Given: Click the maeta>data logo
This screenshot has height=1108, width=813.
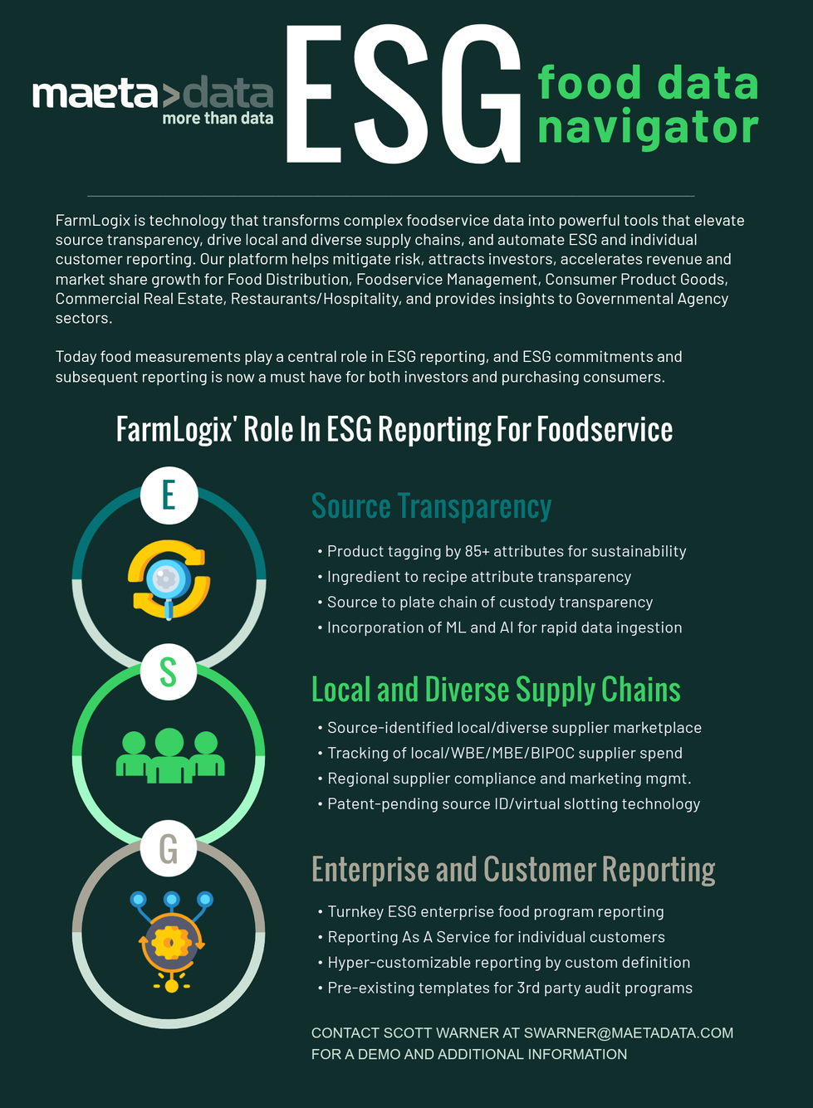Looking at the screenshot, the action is [x=153, y=95].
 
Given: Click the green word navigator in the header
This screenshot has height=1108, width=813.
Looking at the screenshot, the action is [x=648, y=128].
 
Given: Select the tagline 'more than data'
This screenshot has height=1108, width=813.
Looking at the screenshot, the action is [x=218, y=119].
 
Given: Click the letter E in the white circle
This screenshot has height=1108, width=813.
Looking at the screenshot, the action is [x=169, y=495].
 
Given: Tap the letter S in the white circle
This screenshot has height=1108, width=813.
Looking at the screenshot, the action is [x=169, y=672].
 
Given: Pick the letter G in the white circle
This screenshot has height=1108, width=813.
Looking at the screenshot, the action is [x=169, y=849].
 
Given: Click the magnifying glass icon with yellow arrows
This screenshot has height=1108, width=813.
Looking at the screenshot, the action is [x=169, y=579].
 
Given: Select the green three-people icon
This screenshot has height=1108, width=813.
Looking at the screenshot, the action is [x=169, y=755].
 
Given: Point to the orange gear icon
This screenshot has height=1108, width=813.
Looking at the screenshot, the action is [x=171, y=943].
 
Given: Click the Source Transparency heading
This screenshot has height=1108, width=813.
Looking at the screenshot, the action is [x=431, y=506].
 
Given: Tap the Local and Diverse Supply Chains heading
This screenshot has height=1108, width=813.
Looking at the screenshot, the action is [x=496, y=690].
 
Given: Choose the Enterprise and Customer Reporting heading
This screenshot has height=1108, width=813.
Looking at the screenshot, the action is [x=513, y=870].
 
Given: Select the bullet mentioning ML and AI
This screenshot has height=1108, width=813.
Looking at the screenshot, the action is [x=504, y=627].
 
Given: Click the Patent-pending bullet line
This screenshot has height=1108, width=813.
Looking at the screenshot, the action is [x=513, y=803].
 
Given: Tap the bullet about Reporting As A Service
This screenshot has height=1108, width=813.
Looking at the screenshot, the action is [x=496, y=937].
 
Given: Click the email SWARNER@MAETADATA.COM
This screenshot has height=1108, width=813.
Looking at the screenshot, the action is [x=629, y=1033].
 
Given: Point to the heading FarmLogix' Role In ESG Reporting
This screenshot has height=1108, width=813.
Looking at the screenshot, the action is [x=394, y=430].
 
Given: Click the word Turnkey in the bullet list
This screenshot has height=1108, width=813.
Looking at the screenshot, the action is [x=355, y=911].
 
